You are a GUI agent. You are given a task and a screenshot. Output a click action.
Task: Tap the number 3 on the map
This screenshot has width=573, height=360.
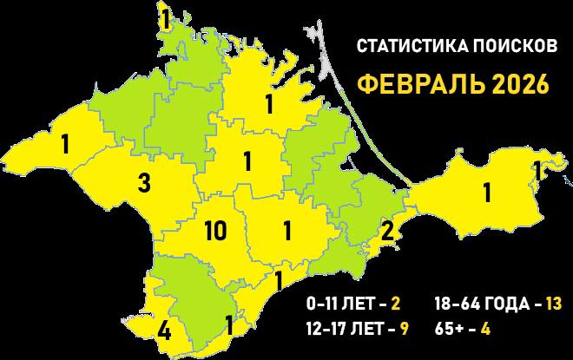(144, 183)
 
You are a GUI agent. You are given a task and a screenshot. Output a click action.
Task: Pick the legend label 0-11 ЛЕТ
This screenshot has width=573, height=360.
(341, 304)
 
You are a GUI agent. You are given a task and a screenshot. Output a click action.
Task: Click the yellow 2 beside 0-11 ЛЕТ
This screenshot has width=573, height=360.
(395, 304)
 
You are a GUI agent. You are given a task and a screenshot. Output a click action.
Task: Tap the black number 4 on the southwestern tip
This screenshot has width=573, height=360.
(165, 331)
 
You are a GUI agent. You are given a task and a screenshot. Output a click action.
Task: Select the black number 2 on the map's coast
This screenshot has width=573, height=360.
(387, 231)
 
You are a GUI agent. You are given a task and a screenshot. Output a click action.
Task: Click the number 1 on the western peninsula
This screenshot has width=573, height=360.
(65, 144)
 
